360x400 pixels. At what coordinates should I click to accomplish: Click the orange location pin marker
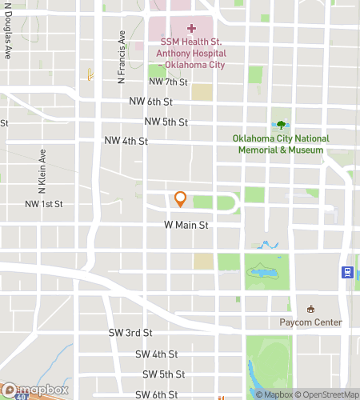[x=181, y=198]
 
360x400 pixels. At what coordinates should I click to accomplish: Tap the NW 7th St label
[x=167, y=82]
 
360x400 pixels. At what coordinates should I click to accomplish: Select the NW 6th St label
[x=150, y=102]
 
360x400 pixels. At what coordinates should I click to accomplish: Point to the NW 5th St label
[x=166, y=122]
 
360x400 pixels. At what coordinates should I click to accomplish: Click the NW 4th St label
[x=126, y=141]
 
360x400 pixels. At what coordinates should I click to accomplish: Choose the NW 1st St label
[x=43, y=205]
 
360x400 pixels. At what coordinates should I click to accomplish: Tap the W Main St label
[x=186, y=226]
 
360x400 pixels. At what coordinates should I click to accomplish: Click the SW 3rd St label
[x=130, y=332]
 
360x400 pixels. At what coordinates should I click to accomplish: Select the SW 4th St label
[x=155, y=354]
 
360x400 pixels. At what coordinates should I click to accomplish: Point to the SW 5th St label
[x=164, y=374]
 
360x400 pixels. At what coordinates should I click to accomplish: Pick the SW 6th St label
[x=156, y=394]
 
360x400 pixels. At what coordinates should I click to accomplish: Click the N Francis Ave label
[x=122, y=58]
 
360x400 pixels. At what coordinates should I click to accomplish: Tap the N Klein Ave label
[x=42, y=170]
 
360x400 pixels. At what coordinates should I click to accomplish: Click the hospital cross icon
[x=191, y=28]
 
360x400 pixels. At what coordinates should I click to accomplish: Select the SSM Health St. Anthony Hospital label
[x=191, y=53]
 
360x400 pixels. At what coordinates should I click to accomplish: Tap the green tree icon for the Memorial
[x=281, y=124]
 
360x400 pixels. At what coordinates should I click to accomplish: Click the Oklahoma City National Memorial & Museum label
[x=281, y=144]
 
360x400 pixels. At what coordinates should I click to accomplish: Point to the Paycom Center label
[x=310, y=322]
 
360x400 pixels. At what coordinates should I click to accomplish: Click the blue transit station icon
[x=348, y=272]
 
